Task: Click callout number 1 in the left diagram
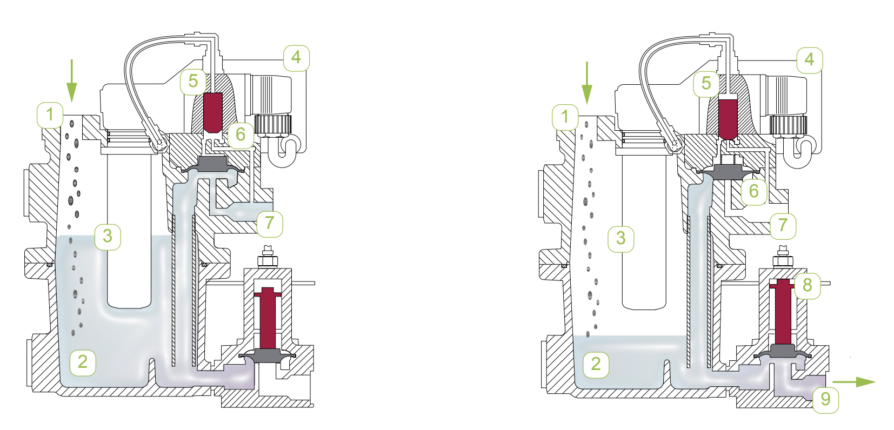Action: (x=50, y=115)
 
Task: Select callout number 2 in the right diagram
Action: (x=596, y=364)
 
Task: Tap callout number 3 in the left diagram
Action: (x=107, y=236)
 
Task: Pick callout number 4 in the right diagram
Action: (x=809, y=59)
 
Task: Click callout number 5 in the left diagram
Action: (x=193, y=81)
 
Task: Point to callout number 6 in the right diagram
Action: (x=753, y=191)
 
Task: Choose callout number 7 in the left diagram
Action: (x=270, y=223)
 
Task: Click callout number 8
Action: (x=807, y=285)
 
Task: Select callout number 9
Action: (x=825, y=399)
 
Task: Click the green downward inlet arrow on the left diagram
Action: (x=71, y=81)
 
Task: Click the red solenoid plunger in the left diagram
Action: (x=213, y=112)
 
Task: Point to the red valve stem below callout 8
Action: (x=782, y=313)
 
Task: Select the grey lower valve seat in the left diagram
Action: (x=268, y=355)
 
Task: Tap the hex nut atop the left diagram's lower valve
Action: (x=267, y=261)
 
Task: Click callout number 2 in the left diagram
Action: (x=82, y=361)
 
